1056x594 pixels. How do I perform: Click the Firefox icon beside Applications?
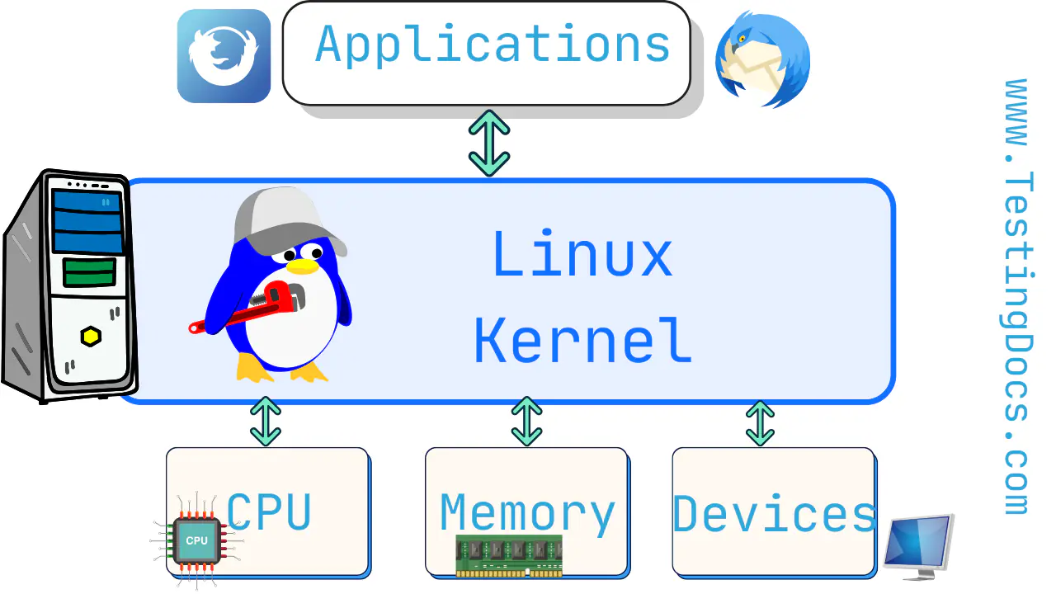pyautogui.click(x=224, y=55)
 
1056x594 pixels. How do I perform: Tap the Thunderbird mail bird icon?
pyautogui.click(x=762, y=59)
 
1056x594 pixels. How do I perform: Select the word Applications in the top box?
pyautogui.click(x=493, y=45)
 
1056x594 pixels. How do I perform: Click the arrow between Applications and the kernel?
pyautogui.click(x=489, y=143)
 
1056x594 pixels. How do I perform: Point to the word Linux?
pyautogui.click(x=582, y=254)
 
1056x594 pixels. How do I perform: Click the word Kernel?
pyautogui.click(x=582, y=340)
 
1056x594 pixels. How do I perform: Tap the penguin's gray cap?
pyautogui.click(x=280, y=216)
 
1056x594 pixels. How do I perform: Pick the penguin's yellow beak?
pyautogui.click(x=303, y=265)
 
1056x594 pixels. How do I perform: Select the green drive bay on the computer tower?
pyautogui.click(x=89, y=273)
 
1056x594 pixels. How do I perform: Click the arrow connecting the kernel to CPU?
pyautogui.click(x=265, y=421)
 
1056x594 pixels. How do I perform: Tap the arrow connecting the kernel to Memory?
pyautogui.click(x=526, y=421)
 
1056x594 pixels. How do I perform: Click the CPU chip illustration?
pyautogui.click(x=196, y=540)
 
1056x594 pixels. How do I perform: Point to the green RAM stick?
pyautogui.click(x=509, y=555)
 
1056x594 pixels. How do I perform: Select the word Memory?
pyautogui.click(x=527, y=513)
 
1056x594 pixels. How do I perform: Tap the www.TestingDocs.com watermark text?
pyautogui.click(x=1019, y=297)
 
